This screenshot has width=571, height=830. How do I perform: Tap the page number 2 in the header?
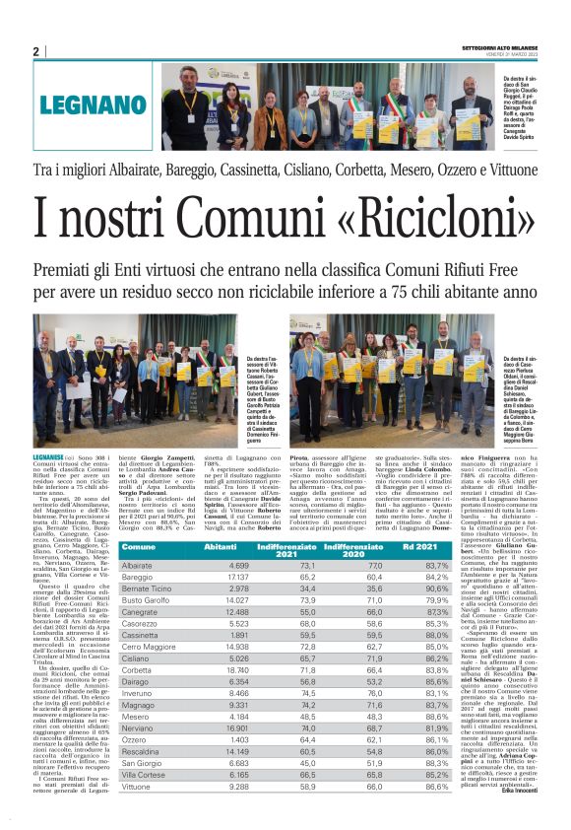[35, 51]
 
